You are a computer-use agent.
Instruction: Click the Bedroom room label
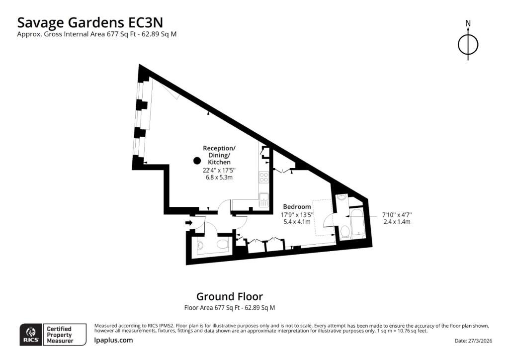click(x=297, y=206)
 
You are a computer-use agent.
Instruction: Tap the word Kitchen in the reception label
click(x=219, y=162)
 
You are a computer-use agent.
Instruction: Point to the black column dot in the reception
click(x=197, y=161)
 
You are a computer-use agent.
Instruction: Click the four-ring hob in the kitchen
click(x=263, y=177)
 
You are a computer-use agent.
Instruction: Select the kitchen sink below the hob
click(x=264, y=199)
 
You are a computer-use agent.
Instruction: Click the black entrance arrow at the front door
click(x=189, y=222)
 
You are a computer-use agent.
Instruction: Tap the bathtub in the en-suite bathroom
click(x=357, y=223)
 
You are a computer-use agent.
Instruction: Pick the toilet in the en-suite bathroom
click(x=345, y=232)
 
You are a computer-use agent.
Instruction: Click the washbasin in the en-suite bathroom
click(x=342, y=197)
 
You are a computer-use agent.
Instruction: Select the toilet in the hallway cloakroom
click(x=222, y=244)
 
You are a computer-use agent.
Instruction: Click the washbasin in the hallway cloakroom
click(x=200, y=246)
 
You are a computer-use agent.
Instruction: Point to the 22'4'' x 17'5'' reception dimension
click(x=219, y=170)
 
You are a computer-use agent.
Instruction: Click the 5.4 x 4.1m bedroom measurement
click(x=297, y=222)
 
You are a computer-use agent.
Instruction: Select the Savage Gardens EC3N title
click(x=90, y=23)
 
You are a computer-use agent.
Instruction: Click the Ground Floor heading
click(x=230, y=296)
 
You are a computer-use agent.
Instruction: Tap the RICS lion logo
click(x=31, y=334)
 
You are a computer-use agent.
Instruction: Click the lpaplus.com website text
click(x=113, y=340)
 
